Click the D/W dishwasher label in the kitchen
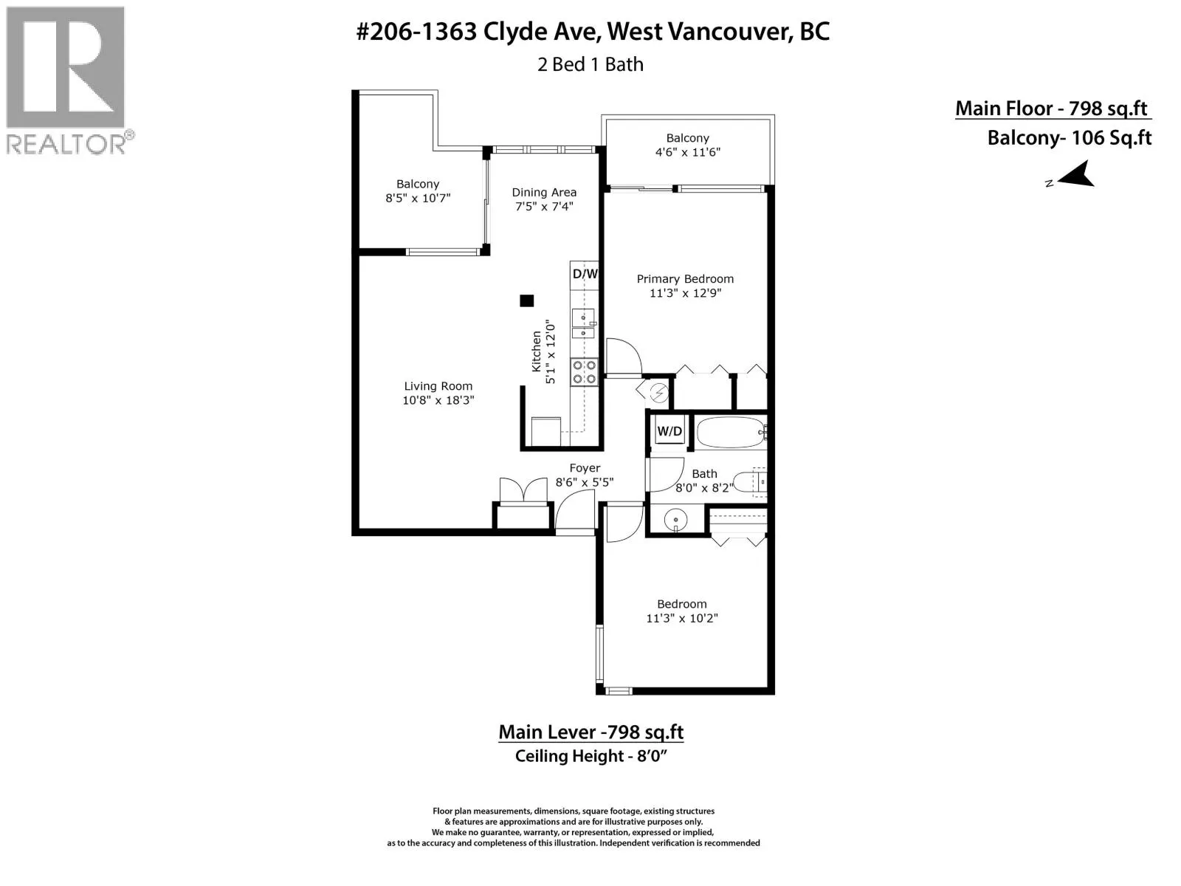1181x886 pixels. coord(585,274)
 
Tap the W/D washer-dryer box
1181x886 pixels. coord(669,431)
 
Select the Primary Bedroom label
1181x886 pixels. coord(685,278)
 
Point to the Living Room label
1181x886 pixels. coord(438,385)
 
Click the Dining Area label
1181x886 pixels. coord(544,192)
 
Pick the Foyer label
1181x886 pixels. coord(585,468)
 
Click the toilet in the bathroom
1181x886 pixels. coord(750,481)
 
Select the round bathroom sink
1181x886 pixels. coord(675,520)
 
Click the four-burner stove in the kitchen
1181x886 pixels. coord(584,371)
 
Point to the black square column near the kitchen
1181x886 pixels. coord(527,301)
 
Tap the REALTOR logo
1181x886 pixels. coord(66,80)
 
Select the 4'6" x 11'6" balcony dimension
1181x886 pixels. coord(687,152)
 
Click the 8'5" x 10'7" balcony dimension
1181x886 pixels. coord(418,198)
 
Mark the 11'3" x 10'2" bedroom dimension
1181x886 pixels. coord(682,618)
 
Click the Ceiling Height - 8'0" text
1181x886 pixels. coord(590,756)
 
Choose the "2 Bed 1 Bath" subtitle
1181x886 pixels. coord(590,64)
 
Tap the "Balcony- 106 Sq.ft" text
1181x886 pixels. coord(1069,138)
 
